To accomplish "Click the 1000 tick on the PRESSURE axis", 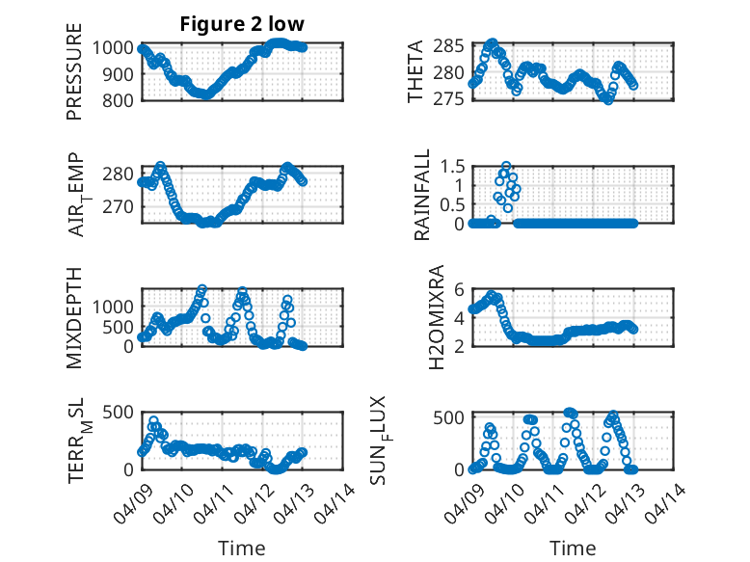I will coord(116,47).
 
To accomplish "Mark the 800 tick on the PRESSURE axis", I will coord(121,99).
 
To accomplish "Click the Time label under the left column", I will coord(241,548).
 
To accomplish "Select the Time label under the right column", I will coord(573,548).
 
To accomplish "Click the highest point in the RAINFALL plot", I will coord(506,166).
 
